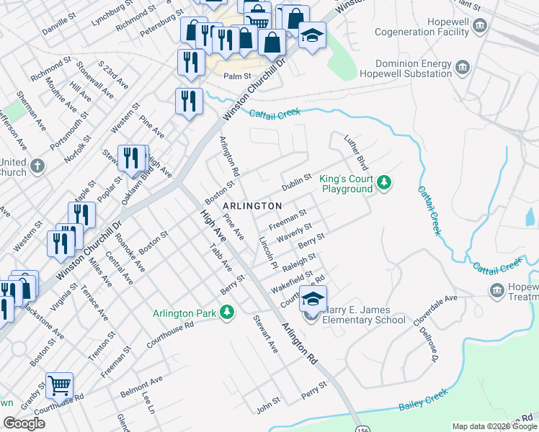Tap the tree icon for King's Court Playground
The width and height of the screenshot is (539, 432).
[386, 183]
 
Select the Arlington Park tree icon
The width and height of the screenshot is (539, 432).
[228, 312]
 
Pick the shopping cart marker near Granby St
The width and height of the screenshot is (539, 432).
[59, 384]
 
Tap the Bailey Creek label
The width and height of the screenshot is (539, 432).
[423, 400]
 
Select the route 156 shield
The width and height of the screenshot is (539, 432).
[362, 428]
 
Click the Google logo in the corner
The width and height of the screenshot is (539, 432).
[24, 423]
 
